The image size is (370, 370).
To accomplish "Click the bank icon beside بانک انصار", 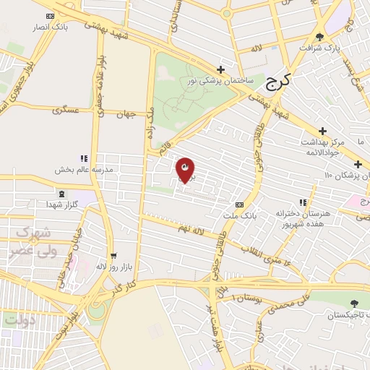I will pos(50,15).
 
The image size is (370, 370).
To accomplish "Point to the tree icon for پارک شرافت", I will pos(319,36).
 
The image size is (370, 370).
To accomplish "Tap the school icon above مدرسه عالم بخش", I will pos(84,158).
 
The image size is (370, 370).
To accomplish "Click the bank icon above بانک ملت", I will pos(240,205).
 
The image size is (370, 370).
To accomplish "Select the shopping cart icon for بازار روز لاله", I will pos(113,255).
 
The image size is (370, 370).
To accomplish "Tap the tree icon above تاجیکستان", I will pos(353,304).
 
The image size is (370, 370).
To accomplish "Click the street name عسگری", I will pos(65,111).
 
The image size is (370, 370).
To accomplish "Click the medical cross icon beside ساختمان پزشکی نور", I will pos(220,70).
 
